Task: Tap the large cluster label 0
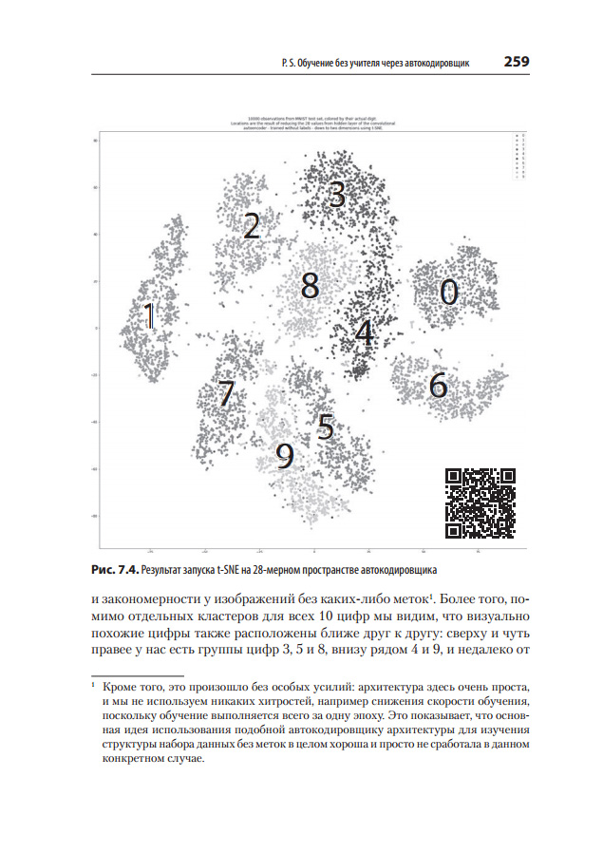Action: tap(449, 292)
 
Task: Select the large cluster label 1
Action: tap(149, 316)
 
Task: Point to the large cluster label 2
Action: tap(252, 225)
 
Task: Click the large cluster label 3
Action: tap(336, 195)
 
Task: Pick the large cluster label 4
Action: tap(364, 332)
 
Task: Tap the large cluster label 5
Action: tap(325, 426)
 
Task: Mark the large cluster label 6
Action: tap(438, 385)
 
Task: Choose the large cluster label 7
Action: tap(225, 392)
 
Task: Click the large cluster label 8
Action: tap(310, 285)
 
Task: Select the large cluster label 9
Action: tap(285, 457)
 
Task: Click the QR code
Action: tap(480, 502)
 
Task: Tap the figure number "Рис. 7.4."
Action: tap(114, 571)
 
